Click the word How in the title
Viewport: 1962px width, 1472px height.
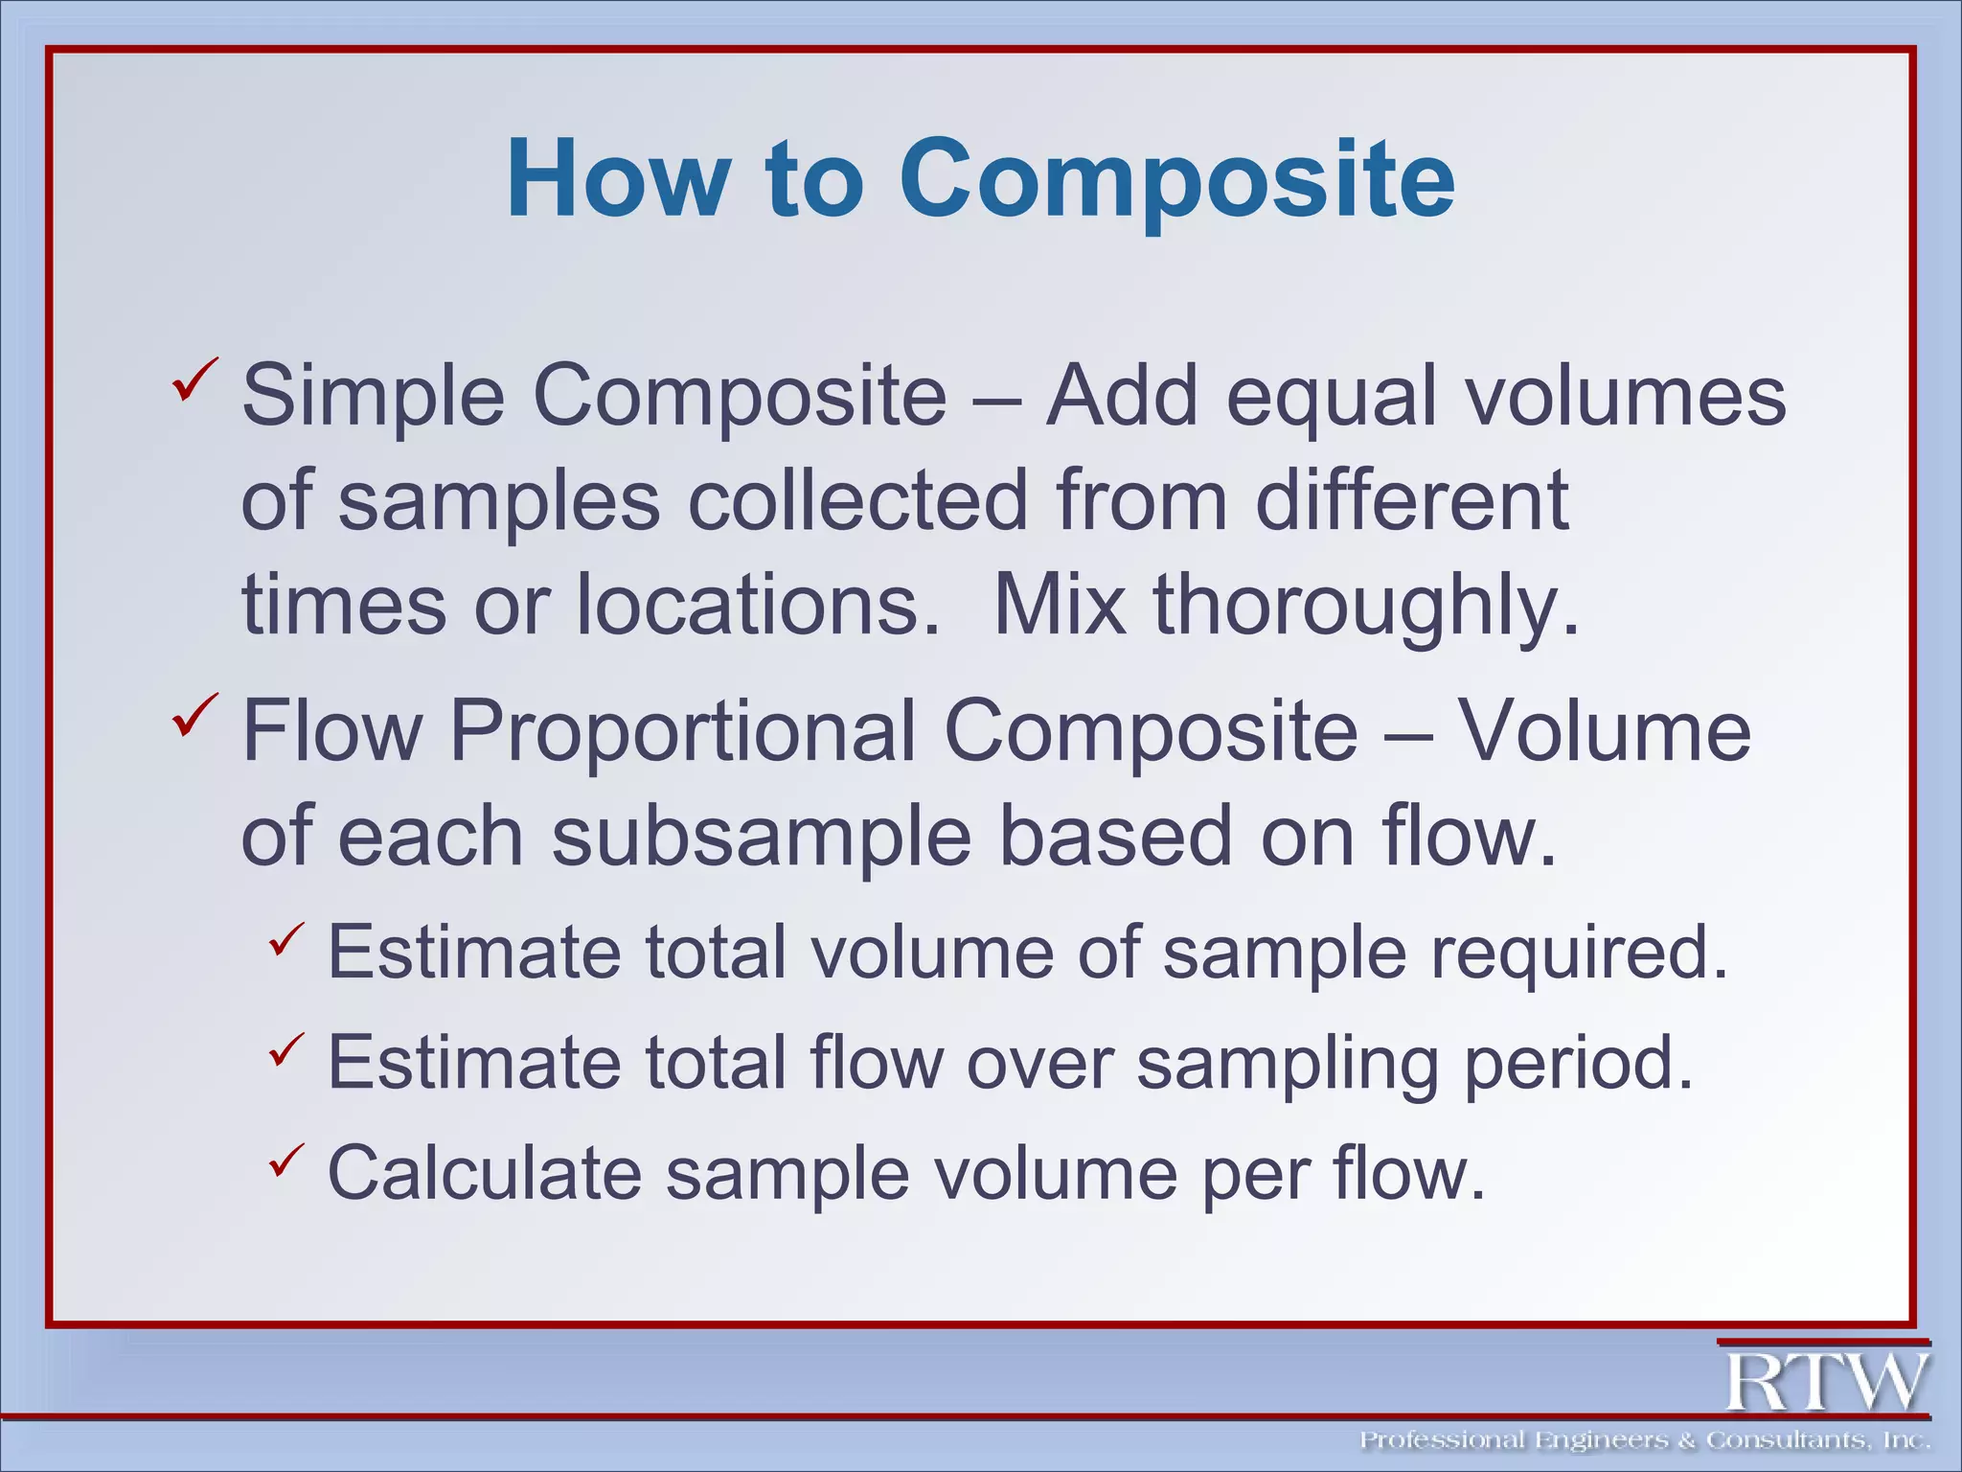(x=613, y=179)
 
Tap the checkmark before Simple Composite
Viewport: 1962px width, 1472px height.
(x=195, y=380)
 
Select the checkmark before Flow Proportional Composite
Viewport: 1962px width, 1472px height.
(x=195, y=716)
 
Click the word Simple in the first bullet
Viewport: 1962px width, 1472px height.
(x=373, y=398)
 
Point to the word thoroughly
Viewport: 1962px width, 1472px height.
(x=1365, y=608)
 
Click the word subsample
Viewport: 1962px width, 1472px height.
(x=762, y=838)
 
